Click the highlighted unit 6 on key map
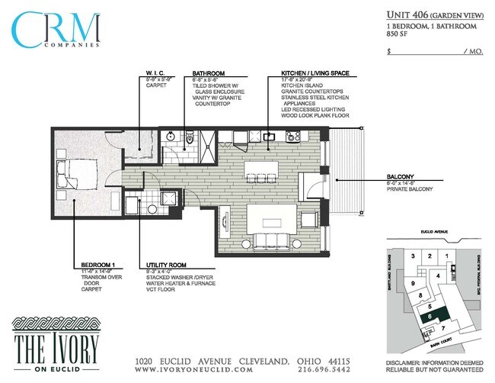coord(431,314)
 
